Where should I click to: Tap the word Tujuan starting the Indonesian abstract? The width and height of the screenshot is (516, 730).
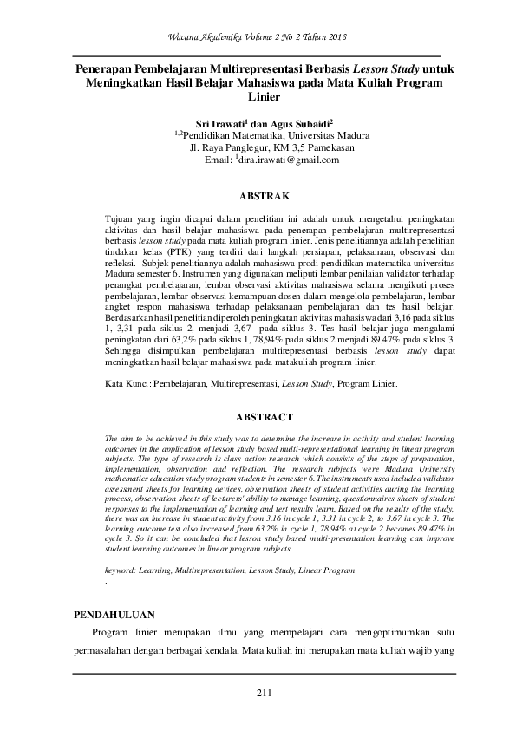point(119,221)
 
